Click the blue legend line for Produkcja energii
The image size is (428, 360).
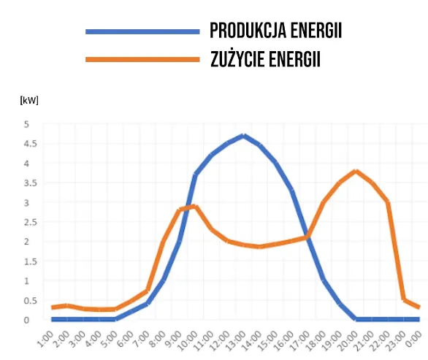(142, 31)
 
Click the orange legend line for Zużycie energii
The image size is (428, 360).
(142, 59)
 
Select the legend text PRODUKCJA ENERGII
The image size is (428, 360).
(275, 31)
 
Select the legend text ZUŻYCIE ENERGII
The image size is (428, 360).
(265, 59)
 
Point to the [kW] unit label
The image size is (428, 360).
(29, 100)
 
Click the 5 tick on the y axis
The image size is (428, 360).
(26, 124)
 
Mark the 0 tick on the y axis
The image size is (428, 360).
(26, 320)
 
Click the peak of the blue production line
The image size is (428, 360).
(244, 136)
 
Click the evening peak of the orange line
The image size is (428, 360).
(356, 172)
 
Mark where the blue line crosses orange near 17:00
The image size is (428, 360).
(307, 238)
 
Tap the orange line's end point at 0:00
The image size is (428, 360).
(419, 307)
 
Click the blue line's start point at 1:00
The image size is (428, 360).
(53, 319)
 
